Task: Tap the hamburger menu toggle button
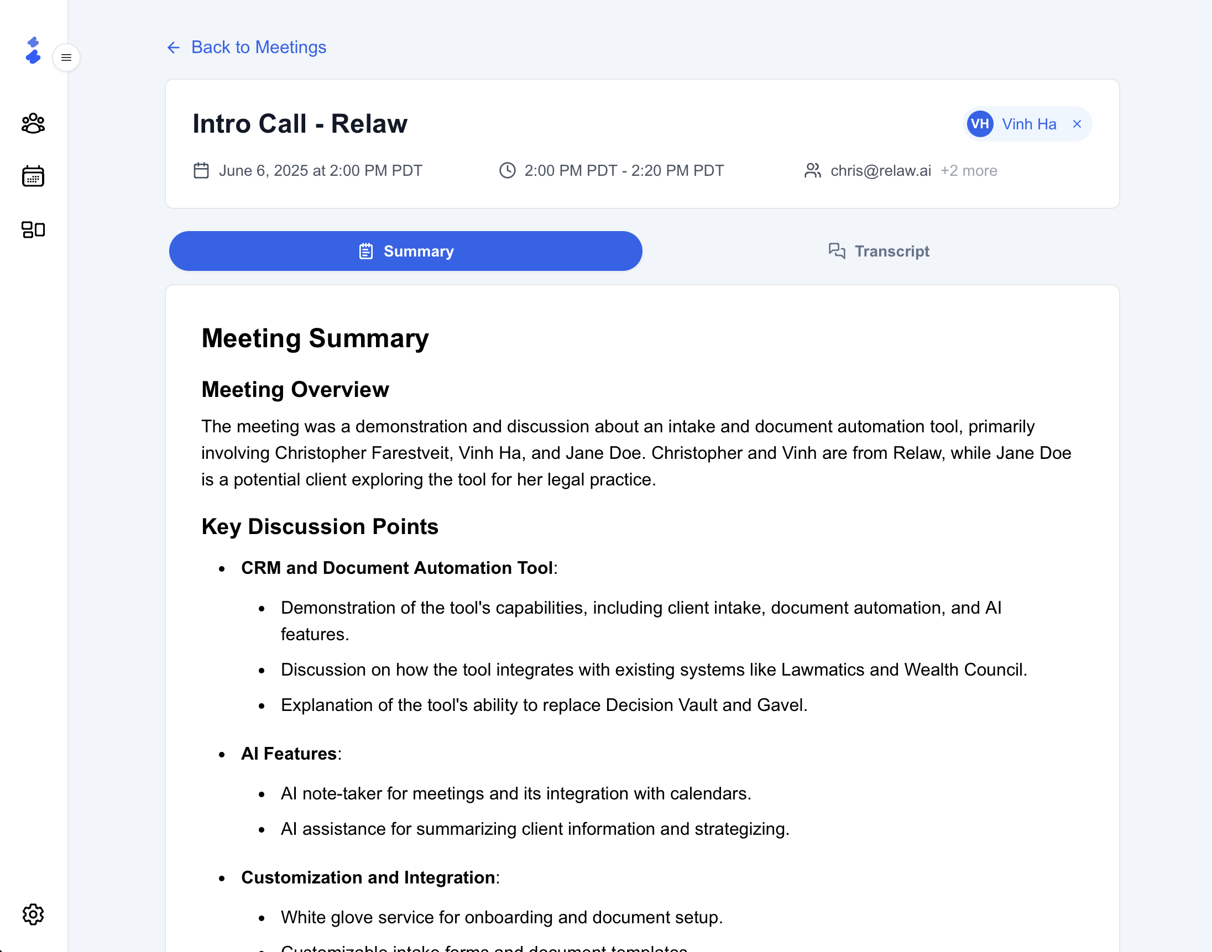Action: click(x=66, y=57)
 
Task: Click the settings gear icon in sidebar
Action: click(x=33, y=914)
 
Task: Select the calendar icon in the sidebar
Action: click(x=33, y=176)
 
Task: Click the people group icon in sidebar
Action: click(x=33, y=123)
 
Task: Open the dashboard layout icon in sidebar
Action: click(x=33, y=229)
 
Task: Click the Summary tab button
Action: click(x=405, y=252)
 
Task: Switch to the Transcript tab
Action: click(x=879, y=252)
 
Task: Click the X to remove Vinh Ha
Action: click(x=1077, y=124)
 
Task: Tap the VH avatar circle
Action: click(x=980, y=124)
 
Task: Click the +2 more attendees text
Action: click(x=968, y=171)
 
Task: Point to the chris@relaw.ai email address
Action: click(x=880, y=171)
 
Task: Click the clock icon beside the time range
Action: click(x=507, y=171)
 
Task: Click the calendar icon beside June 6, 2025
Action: click(x=201, y=171)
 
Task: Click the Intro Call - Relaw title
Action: click(x=300, y=124)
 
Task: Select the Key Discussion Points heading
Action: click(x=320, y=527)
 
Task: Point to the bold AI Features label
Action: click(x=289, y=754)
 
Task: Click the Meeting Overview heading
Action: click(x=295, y=390)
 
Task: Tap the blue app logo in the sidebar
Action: click(x=33, y=51)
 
